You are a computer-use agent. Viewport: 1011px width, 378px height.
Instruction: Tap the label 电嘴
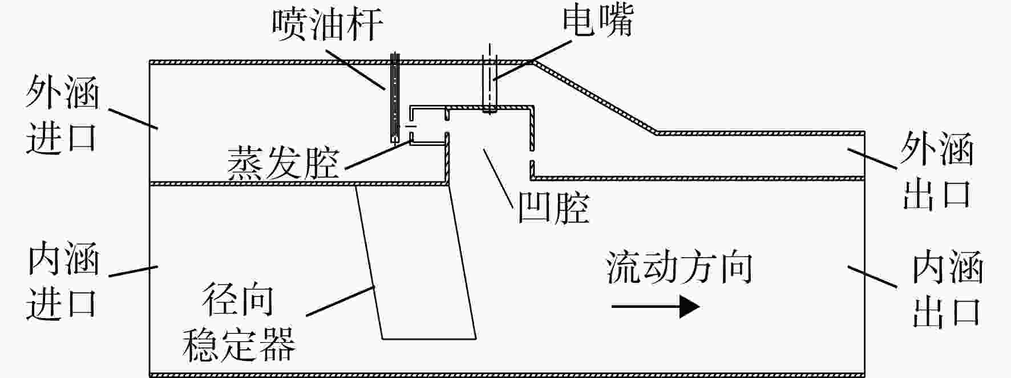597,21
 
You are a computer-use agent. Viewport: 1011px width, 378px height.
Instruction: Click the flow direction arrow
656,307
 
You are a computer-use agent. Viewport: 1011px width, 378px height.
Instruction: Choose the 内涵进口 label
62,280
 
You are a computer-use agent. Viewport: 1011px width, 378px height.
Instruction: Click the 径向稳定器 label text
238,323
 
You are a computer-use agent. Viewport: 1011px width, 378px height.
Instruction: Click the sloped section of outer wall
594,97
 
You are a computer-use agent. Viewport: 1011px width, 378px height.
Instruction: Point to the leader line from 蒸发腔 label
378,156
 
